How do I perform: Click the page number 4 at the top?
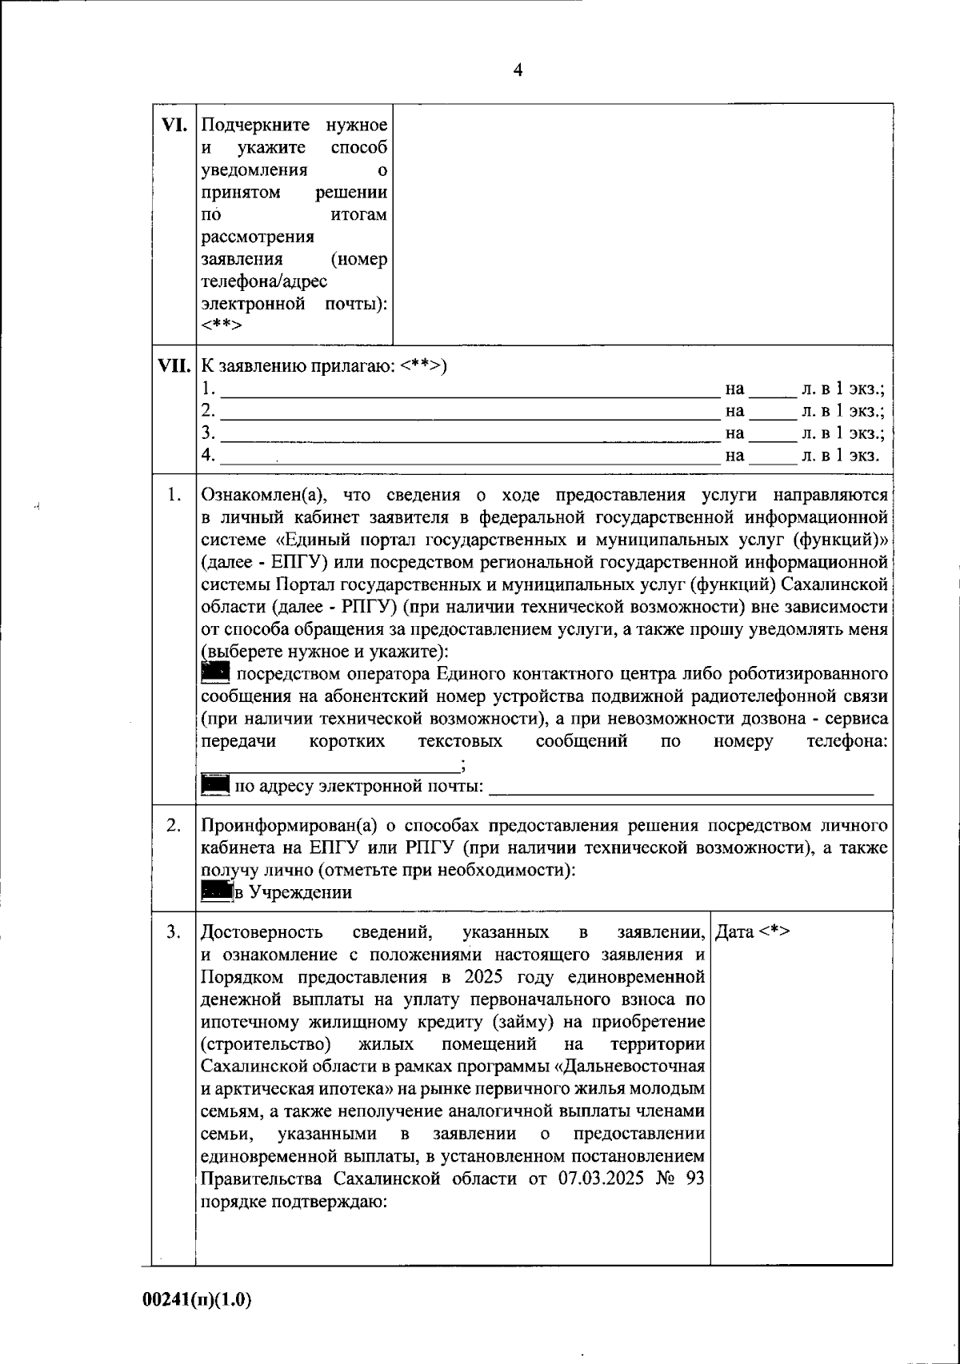coord(518,70)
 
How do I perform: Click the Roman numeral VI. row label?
coord(174,125)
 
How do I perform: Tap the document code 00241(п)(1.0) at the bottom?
coord(197,1300)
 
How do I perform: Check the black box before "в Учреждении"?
coord(215,892)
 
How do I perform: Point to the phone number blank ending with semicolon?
coord(330,765)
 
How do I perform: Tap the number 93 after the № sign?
coord(694,1179)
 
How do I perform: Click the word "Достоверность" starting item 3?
coord(262,932)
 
